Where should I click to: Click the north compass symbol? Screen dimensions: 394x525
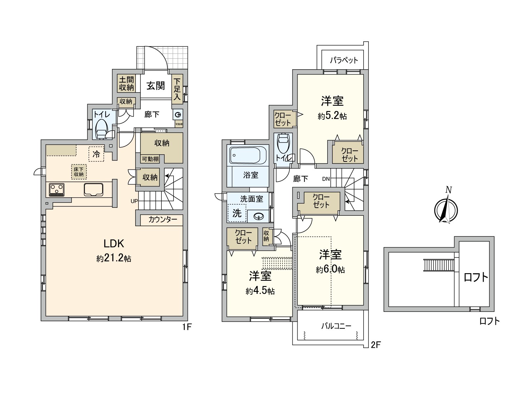[x=446, y=209]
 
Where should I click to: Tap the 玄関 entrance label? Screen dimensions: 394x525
[x=156, y=86]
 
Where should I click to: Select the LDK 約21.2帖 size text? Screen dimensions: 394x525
[x=114, y=258]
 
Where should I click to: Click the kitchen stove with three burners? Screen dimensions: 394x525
[x=56, y=189]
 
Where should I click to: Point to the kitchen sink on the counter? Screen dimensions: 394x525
[x=94, y=189]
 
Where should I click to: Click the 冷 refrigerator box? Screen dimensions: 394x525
[x=96, y=154]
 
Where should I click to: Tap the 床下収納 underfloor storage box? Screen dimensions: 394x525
[x=79, y=172]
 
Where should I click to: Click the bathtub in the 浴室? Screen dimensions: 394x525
[x=248, y=155]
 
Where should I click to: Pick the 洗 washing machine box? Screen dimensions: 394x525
[x=237, y=213]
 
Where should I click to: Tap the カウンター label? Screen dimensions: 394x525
[x=162, y=220]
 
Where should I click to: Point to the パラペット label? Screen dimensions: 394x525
[x=344, y=60]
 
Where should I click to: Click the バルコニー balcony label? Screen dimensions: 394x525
[x=336, y=326]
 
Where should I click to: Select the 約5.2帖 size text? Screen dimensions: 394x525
[x=332, y=116]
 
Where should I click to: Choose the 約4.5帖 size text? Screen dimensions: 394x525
[x=260, y=291]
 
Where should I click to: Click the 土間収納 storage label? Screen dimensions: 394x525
[x=126, y=83]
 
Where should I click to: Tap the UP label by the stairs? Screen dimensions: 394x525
[x=134, y=201]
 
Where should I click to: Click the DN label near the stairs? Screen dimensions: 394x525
[x=325, y=179]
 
